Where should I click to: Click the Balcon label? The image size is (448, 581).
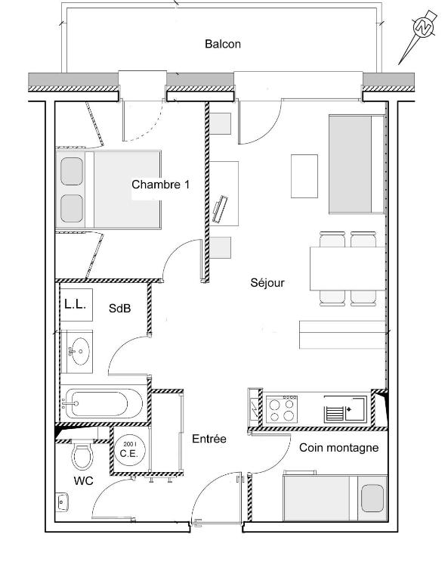click(223, 44)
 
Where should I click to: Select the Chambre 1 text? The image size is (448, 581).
click(160, 184)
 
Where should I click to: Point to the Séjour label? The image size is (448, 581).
click(267, 283)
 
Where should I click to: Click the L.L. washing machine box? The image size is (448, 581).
click(76, 305)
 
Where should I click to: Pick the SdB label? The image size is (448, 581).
click(120, 308)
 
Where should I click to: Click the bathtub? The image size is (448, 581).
click(101, 403)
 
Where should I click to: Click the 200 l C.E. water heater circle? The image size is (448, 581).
click(129, 450)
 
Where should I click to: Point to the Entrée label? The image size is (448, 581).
click(209, 439)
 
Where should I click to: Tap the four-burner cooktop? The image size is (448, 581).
click(282, 409)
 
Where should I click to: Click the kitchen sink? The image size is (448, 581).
click(345, 409)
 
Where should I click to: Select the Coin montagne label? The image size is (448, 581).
click(339, 448)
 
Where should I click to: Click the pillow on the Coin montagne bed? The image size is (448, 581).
click(372, 499)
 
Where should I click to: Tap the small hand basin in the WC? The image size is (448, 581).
click(62, 502)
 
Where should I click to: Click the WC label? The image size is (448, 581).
click(83, 481)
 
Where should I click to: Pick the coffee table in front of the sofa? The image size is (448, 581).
click(304, 176)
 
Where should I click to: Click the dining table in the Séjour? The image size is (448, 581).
click(348, 269)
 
